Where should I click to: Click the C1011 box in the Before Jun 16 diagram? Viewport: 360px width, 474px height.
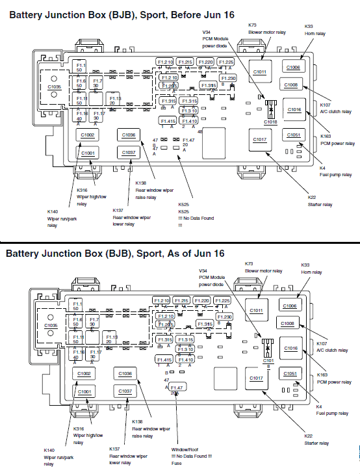[x=259, y=72]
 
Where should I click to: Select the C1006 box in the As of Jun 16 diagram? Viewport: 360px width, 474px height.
[x=289, y=306]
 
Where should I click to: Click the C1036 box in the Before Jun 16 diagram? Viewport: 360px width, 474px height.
[x=128, y=135]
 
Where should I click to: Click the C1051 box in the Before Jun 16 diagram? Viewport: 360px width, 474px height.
[x=293, y=135]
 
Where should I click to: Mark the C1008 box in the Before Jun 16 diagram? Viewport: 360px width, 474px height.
[x=290, y=85]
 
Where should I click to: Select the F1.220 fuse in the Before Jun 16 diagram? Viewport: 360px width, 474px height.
[x=205, y=62]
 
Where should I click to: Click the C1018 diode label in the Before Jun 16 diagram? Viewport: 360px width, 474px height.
[x=270, y=121]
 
